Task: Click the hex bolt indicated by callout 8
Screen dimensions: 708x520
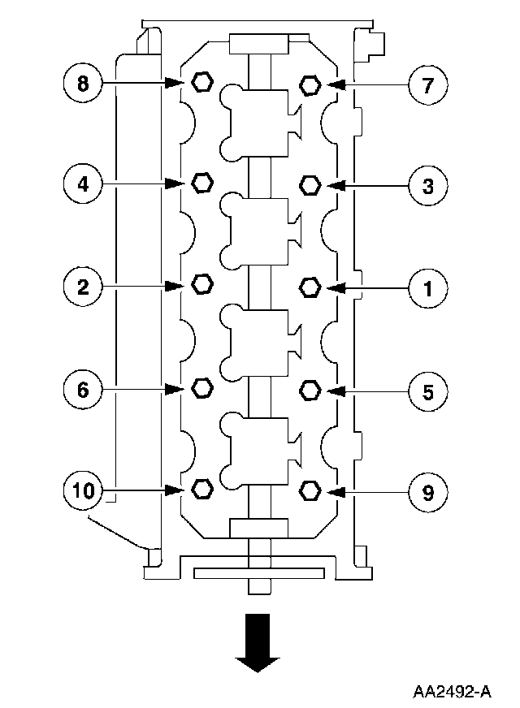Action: click(201, 82)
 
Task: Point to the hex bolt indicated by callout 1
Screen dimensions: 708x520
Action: click(310, 287)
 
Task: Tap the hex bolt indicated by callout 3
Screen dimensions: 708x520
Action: click(310, 185)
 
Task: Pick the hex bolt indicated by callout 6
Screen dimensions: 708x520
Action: click(201, 389)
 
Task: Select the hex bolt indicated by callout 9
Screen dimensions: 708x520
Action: click(310, 490)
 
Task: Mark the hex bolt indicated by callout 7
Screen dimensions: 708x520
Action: click(310, 84)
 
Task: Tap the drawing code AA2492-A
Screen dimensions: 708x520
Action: click(452, 691)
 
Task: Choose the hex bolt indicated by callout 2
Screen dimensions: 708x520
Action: click(201, 284)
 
